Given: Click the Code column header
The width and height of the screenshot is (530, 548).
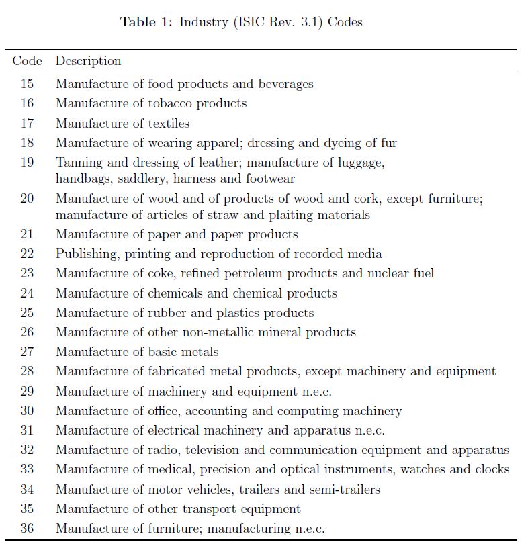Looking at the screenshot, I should point(27,61).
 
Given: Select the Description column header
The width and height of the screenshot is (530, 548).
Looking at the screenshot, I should point(88,61).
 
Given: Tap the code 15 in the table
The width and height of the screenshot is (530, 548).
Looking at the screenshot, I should point(27,84).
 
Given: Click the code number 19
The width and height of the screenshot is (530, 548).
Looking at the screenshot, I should point(27,163).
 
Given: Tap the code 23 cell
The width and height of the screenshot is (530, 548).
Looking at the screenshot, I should point(27,273).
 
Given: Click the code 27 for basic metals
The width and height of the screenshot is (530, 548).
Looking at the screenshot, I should point(27,352).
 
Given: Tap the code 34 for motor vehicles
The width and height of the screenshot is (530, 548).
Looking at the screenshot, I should point(27,490).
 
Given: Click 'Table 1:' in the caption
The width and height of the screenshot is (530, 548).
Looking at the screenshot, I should point(146,22).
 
